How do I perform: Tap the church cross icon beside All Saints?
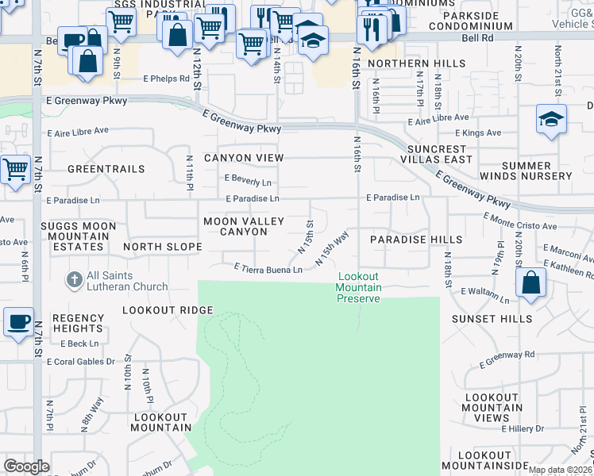74,280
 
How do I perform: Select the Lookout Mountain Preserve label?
359,287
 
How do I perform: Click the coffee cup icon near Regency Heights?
19,322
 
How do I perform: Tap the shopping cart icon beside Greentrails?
16,169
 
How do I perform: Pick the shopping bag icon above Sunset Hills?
530,282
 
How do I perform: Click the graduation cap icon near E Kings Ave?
550,119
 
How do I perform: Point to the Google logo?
26,466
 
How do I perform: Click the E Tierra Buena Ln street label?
268,270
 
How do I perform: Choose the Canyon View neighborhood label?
244,158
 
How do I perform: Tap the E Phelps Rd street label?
166,79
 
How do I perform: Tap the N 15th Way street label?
332,248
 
